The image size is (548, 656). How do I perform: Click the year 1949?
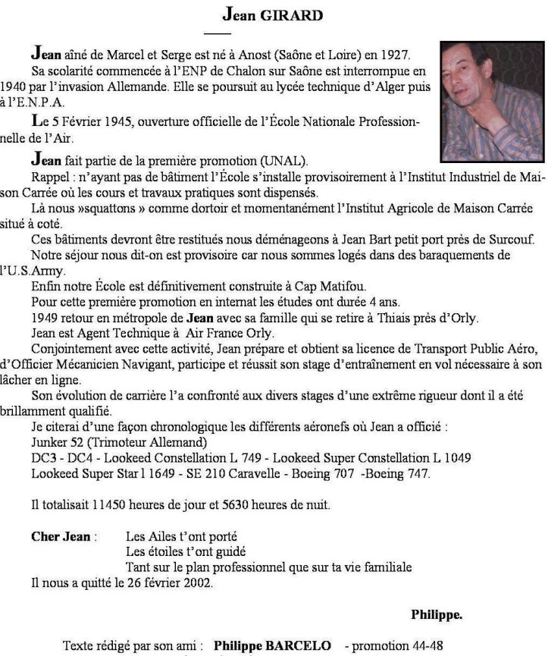pos(45,319)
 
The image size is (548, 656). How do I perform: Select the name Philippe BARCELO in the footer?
pos(272,645)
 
